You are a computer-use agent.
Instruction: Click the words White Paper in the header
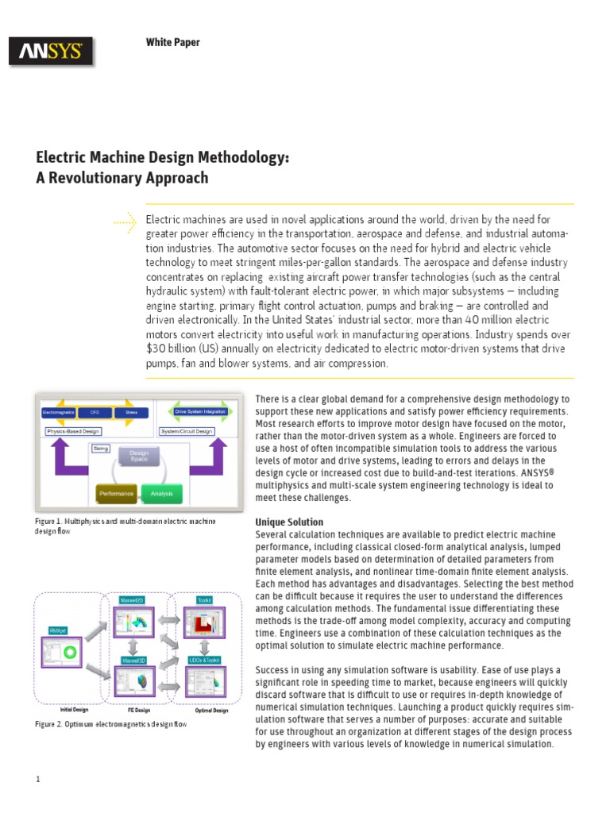[172, 43]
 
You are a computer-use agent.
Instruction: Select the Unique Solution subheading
[288, 522]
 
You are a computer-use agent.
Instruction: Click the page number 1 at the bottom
[37, 780]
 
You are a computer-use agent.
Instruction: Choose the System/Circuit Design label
[187, 431]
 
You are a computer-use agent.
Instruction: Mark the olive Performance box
[117, 493]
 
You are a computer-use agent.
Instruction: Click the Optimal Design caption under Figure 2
[211, 711]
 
